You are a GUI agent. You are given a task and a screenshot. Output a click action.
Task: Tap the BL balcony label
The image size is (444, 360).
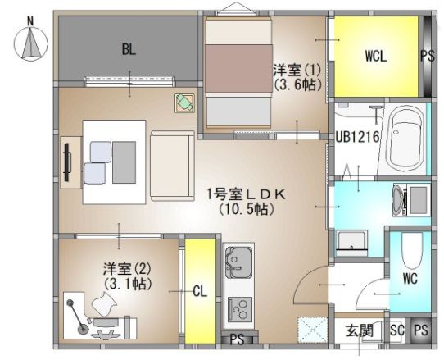click(128, 49)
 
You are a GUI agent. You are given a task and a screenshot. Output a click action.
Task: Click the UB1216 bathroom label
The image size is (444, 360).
click(356, 138)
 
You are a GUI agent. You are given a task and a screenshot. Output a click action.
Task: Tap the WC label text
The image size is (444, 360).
click(410, 279)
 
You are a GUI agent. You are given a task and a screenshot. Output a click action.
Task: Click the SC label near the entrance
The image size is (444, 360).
click(397, 331)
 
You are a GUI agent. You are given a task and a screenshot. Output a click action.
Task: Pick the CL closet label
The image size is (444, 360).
click(199, 291)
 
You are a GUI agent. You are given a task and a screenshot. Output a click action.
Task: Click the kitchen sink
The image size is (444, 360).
click(238, 262)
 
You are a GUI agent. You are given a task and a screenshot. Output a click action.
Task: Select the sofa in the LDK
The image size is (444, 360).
click(169, 164)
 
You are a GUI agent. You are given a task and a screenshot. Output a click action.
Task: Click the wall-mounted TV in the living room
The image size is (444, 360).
click(66, 161)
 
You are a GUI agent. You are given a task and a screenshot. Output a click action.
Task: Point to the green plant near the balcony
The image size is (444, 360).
click(184, 103)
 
